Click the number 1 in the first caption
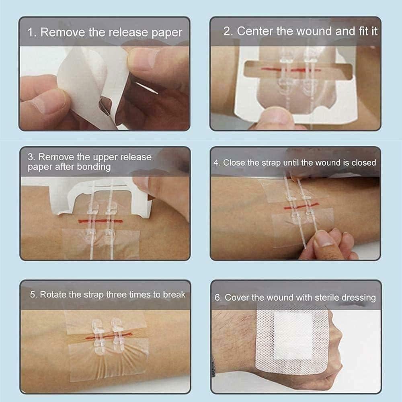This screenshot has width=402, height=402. point(31,33)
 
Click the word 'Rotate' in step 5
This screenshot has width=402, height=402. point(53,295)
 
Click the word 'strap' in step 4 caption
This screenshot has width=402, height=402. point(264,162)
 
